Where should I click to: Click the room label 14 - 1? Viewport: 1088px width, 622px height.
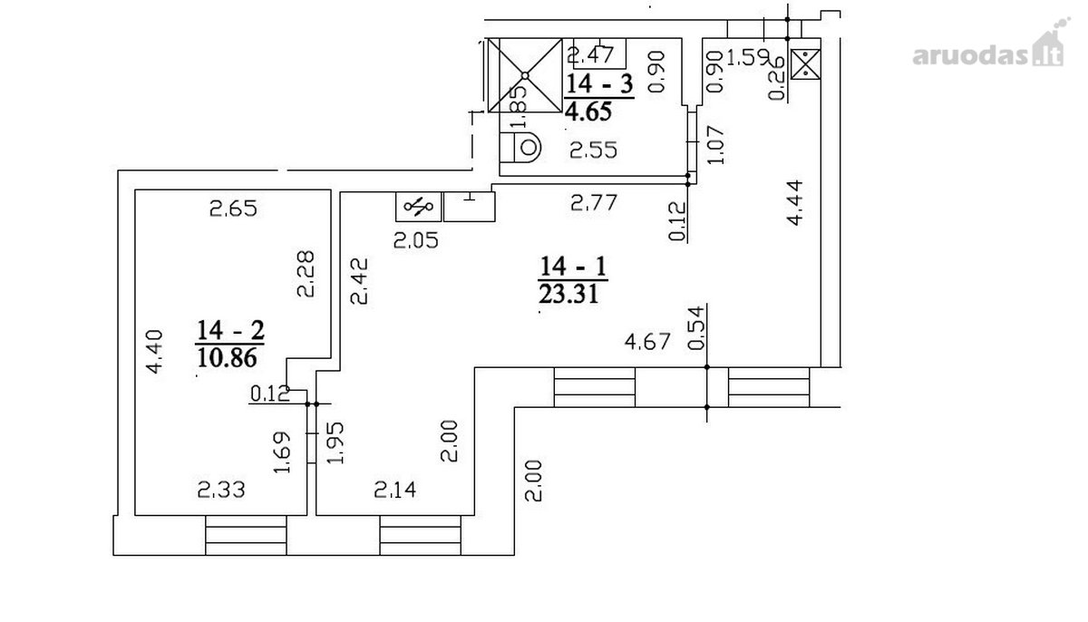point(573,266)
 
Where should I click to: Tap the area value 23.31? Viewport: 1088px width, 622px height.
point(568,294)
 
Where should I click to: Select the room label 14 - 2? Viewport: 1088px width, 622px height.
point(230,330)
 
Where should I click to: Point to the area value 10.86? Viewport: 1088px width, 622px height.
point(227,358)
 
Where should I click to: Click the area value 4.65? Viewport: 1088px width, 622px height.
point(588,112)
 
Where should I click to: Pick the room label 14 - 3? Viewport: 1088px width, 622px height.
point(600,83)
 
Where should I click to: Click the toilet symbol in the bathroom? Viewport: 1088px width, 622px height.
point(521,147)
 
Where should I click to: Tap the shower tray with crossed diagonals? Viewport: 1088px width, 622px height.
point(525,75)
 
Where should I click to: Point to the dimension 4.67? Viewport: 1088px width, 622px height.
point(647,341)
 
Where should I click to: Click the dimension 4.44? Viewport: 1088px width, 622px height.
point(795,202)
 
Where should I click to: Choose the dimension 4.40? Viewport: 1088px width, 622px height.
point(155,352)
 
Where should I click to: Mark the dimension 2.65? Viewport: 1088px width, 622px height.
point(233,209)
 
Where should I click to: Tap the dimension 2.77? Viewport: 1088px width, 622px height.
point(594,202)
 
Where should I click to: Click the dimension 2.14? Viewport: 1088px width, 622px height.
point(395,490)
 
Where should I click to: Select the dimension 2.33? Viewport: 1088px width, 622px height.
point(221,490)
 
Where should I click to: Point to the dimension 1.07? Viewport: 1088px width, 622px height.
point(716,145)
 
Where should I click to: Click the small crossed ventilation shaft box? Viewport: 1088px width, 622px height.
point(806,63)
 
